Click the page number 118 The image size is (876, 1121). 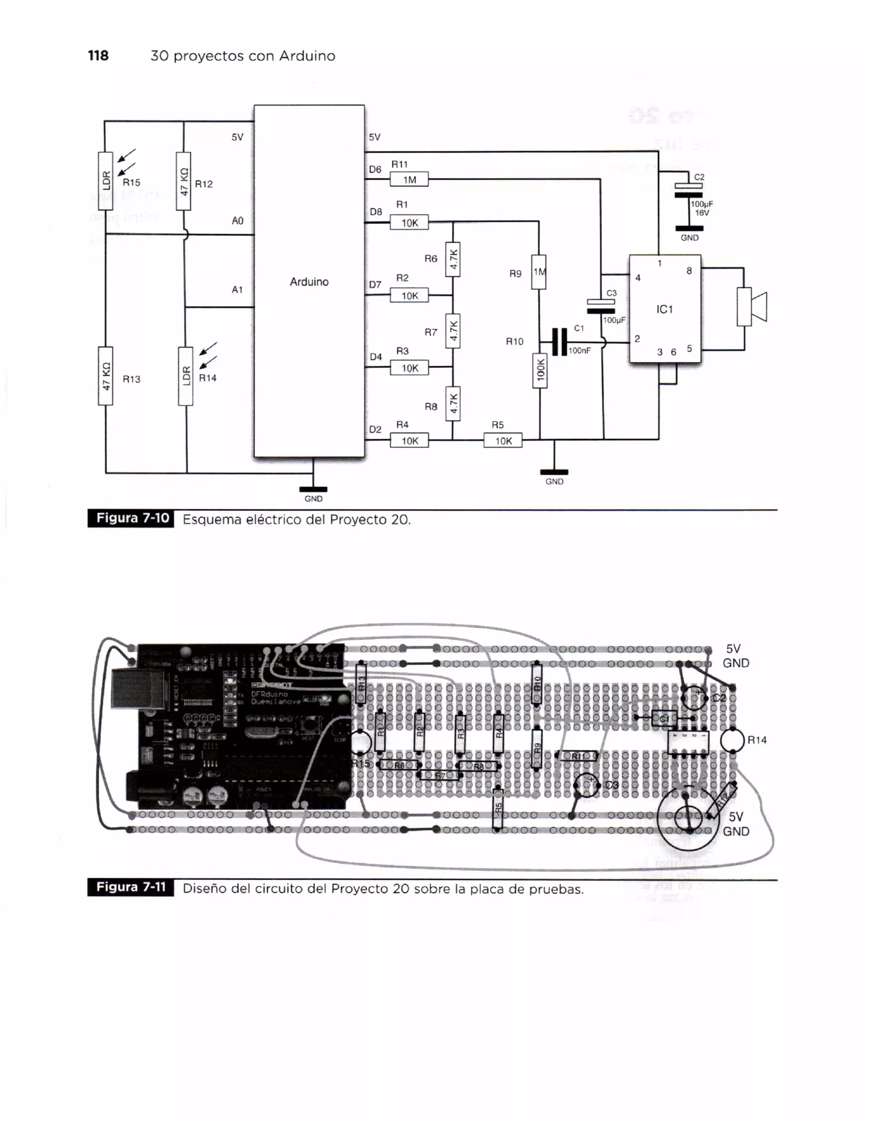98,56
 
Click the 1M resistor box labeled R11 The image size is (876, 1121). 409,180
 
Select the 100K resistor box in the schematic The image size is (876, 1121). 540,370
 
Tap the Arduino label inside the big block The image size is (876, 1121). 309,282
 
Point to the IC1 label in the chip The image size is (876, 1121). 665,310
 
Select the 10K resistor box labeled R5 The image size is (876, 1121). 503,441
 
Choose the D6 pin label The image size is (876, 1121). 375,169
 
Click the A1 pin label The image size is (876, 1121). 237,290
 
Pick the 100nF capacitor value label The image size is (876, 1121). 580,351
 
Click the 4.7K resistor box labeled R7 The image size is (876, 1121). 453,331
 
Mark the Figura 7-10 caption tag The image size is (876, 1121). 131,518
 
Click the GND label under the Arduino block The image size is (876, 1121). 313,499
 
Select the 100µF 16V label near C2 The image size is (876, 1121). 701,208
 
